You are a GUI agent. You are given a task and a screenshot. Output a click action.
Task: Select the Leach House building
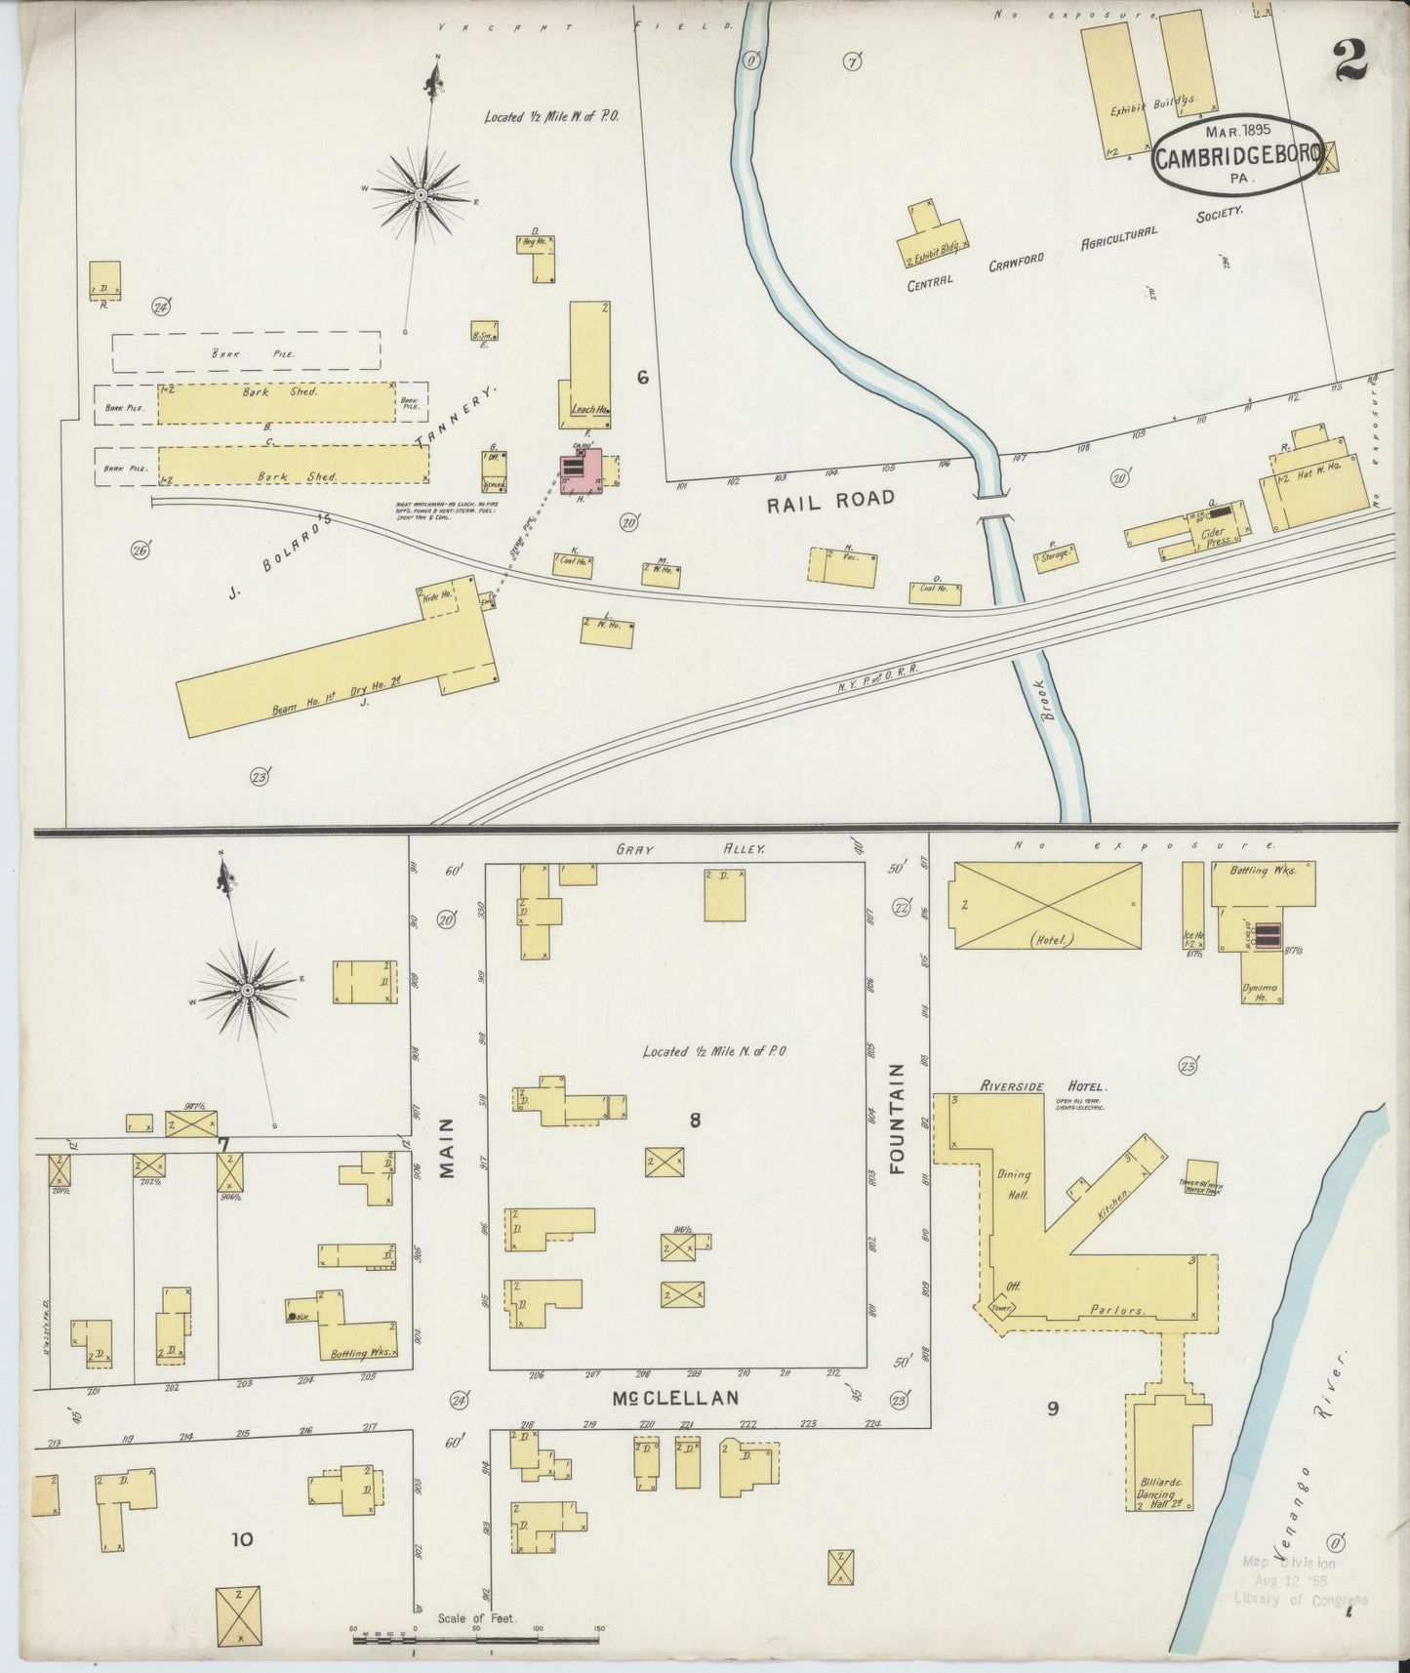coord(589,365)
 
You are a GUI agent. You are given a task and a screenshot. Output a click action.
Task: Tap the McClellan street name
coord(675,1399)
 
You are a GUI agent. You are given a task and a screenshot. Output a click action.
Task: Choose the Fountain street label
coord(897,1118)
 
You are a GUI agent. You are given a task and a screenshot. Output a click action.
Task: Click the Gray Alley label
coord(691,850)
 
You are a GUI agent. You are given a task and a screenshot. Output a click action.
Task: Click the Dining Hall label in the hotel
coord(1014,1184)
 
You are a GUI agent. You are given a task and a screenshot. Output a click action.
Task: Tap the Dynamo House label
coord(1261,992)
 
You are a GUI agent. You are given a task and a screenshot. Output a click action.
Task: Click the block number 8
coord(695,1121)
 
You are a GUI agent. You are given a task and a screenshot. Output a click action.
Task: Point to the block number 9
coord(1053,1408)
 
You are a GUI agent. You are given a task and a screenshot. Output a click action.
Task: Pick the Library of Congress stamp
coord(1300,1580)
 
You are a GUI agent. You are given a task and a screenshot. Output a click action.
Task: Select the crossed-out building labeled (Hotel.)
coord(1047,905)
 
